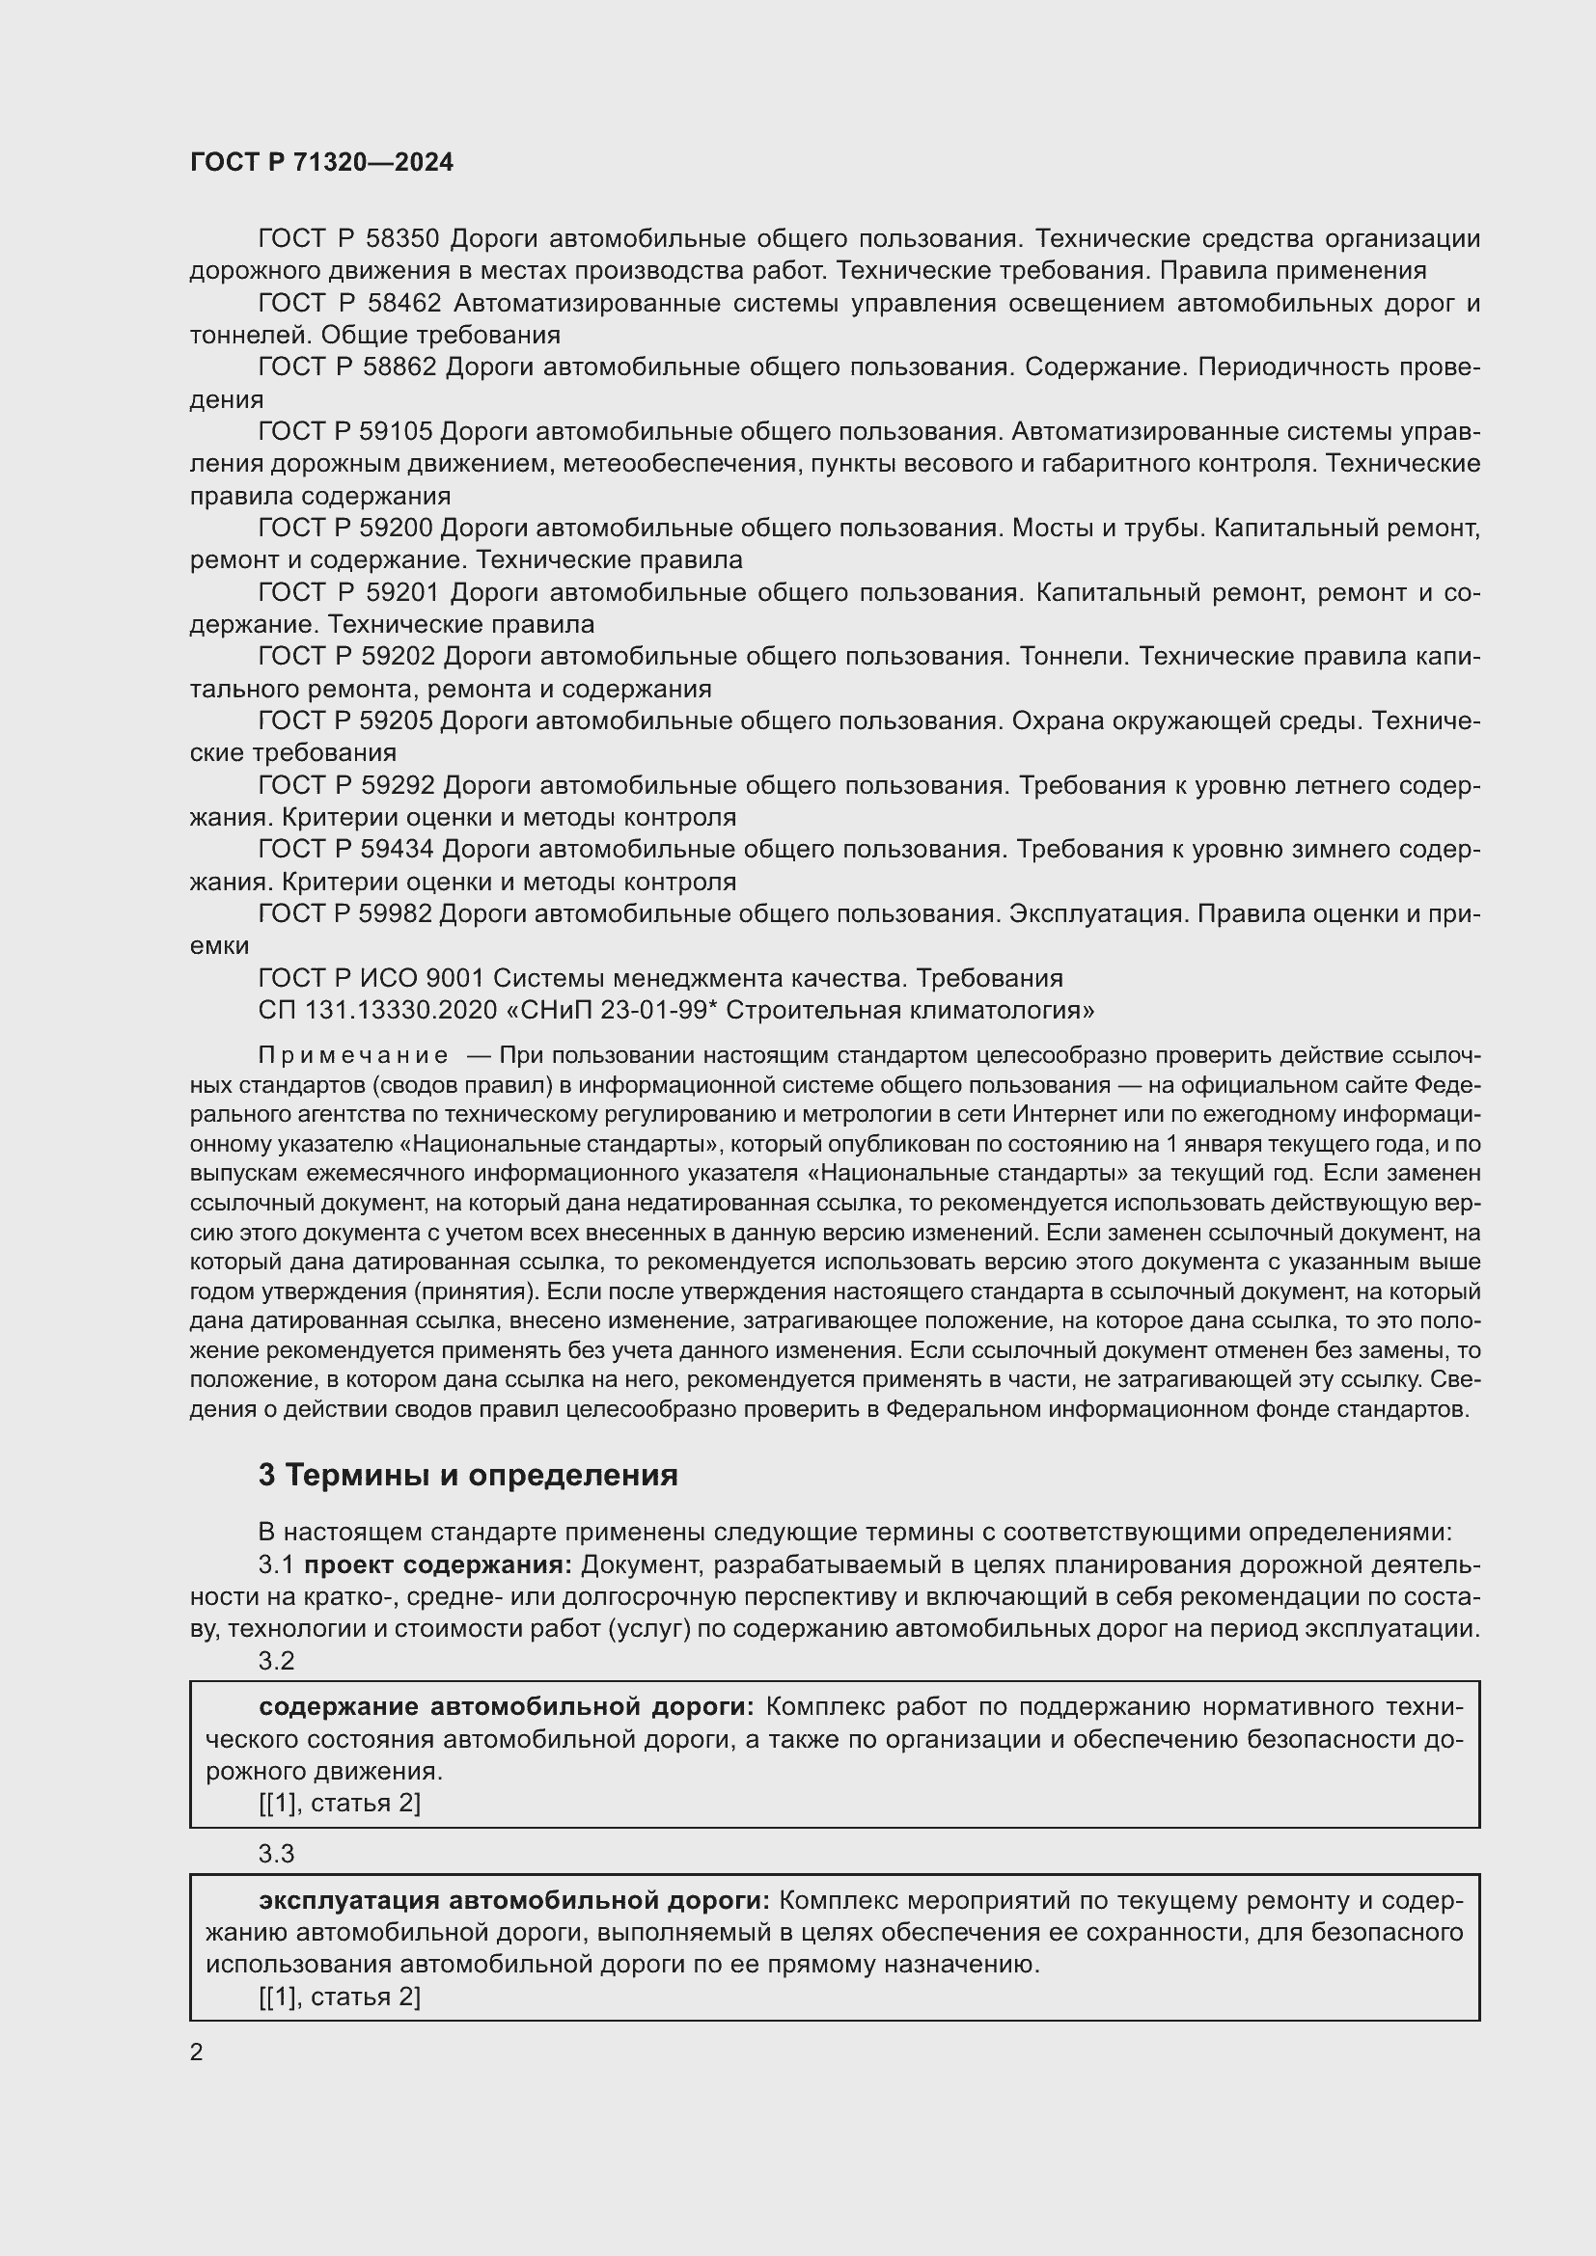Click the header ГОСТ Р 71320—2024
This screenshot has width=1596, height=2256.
[x=321, y=162]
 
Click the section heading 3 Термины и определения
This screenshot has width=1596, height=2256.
[x=468, y=1476]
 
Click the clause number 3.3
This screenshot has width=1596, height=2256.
[x=276, y=1854]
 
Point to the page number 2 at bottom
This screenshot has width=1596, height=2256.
[x=197, y=2052]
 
